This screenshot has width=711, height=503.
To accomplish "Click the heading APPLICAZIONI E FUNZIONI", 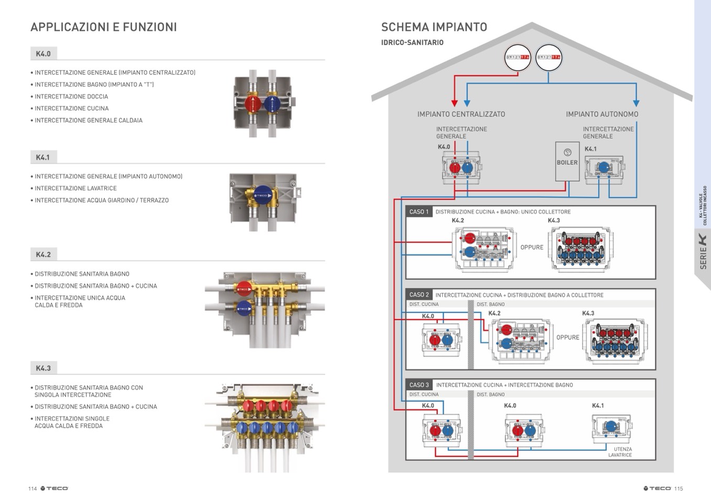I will pos(103,27).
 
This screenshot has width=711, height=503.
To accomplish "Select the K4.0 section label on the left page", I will pos(43,54).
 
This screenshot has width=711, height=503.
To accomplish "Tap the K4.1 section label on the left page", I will pos(43,157).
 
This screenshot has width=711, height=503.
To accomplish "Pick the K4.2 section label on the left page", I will pos(43,255).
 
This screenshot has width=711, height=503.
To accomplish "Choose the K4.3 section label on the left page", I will pos(43,369).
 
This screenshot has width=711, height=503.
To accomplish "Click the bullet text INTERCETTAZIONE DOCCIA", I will pos(71,97).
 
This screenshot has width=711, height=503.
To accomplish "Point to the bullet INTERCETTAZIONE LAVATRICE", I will pos(76,188).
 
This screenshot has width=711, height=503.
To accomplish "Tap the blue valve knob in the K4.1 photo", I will pos(262,195).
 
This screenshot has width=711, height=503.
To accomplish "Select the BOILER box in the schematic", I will pos(567,162).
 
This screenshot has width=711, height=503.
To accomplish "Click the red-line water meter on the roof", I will pos(518,57).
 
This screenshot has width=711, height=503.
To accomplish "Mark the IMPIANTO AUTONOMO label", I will pos(602,114).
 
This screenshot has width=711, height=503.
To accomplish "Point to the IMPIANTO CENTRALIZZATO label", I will pos(461,114).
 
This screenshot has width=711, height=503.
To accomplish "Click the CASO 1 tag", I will pos(419,212).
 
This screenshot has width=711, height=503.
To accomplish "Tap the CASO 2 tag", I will pos(419,295).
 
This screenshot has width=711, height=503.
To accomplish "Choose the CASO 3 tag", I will pos(419,385).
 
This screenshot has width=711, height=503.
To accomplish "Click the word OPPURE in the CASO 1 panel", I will pos(532,248).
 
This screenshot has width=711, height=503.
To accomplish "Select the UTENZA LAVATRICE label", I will pos(621,452).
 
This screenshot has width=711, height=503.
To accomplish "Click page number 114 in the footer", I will pos(33,489).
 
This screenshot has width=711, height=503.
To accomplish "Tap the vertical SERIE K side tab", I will pos(703,252).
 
